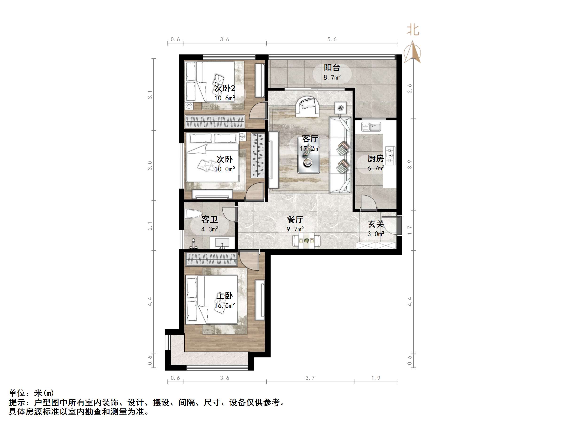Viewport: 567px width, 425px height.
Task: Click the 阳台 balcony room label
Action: pos(332,68)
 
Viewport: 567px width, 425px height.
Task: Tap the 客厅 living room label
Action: pos(310,139)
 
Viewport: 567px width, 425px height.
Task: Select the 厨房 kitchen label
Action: pos(376,159)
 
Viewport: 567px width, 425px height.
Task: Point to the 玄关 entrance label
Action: pos(376,224)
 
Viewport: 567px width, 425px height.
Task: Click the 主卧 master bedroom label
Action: pos(225,296)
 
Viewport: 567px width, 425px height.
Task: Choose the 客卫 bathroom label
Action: pos(210,220)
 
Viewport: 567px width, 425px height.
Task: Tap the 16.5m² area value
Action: pos(225,306)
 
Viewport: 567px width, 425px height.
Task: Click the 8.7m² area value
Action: pos(332,77)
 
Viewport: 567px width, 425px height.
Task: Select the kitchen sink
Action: pos(371,127)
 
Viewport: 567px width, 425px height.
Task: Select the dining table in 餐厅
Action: pos(306,241)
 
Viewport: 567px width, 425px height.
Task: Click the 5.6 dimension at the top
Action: pos(332,39)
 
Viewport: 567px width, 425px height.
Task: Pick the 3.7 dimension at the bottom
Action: pos(310,378)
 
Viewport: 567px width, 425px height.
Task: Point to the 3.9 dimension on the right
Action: pos(410,164)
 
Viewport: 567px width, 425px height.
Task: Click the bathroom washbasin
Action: pos(222,242)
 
